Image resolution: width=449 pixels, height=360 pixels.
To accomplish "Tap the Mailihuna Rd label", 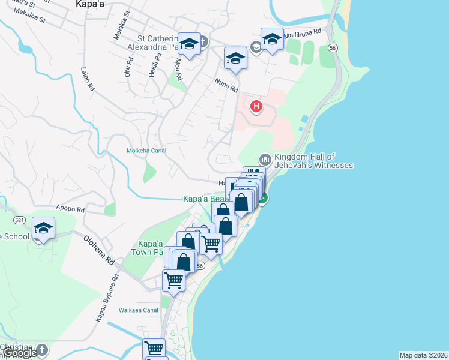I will pyautogui.click(x=303, y=32).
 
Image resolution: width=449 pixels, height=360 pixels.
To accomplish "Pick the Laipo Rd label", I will pyautogui.click(x=88, y=79).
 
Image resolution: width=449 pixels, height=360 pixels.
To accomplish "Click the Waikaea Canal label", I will pyautogui.click(x=138, y=310).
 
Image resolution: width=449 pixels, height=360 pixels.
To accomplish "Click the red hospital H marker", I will pyautogui.click(x=256, y=107).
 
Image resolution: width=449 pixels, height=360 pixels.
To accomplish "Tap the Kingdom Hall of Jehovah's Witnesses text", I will pyautogui.click(x=313, y=161).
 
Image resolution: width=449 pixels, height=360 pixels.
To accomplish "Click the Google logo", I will pyautogui.click(x=19, y=353).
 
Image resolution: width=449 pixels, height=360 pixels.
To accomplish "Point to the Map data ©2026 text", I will pyautogui.click(x=423, y=355).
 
